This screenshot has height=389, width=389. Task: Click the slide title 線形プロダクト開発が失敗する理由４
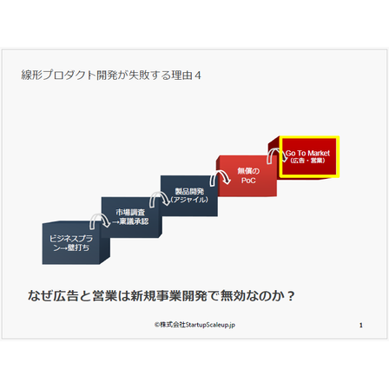coord(111,76)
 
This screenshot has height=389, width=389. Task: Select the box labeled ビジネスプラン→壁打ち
coord(71,242)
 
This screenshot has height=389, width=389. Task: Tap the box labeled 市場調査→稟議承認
coord(132,217)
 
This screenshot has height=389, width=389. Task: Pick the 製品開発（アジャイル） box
coord(189,195)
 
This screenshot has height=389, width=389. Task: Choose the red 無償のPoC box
coord(247,175)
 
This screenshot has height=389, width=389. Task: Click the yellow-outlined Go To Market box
coord(309,156)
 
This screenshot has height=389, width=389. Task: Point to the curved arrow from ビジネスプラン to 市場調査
coord(100,221)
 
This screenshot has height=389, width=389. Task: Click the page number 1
coord(361,325)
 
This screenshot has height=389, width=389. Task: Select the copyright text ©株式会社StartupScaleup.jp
coord(194,325)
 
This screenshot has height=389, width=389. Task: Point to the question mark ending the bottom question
coord(291,296)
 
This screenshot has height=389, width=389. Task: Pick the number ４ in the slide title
coord(197,76)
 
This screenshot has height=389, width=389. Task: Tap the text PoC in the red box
coord(248,181)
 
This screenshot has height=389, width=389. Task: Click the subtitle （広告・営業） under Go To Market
coord(307,161)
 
